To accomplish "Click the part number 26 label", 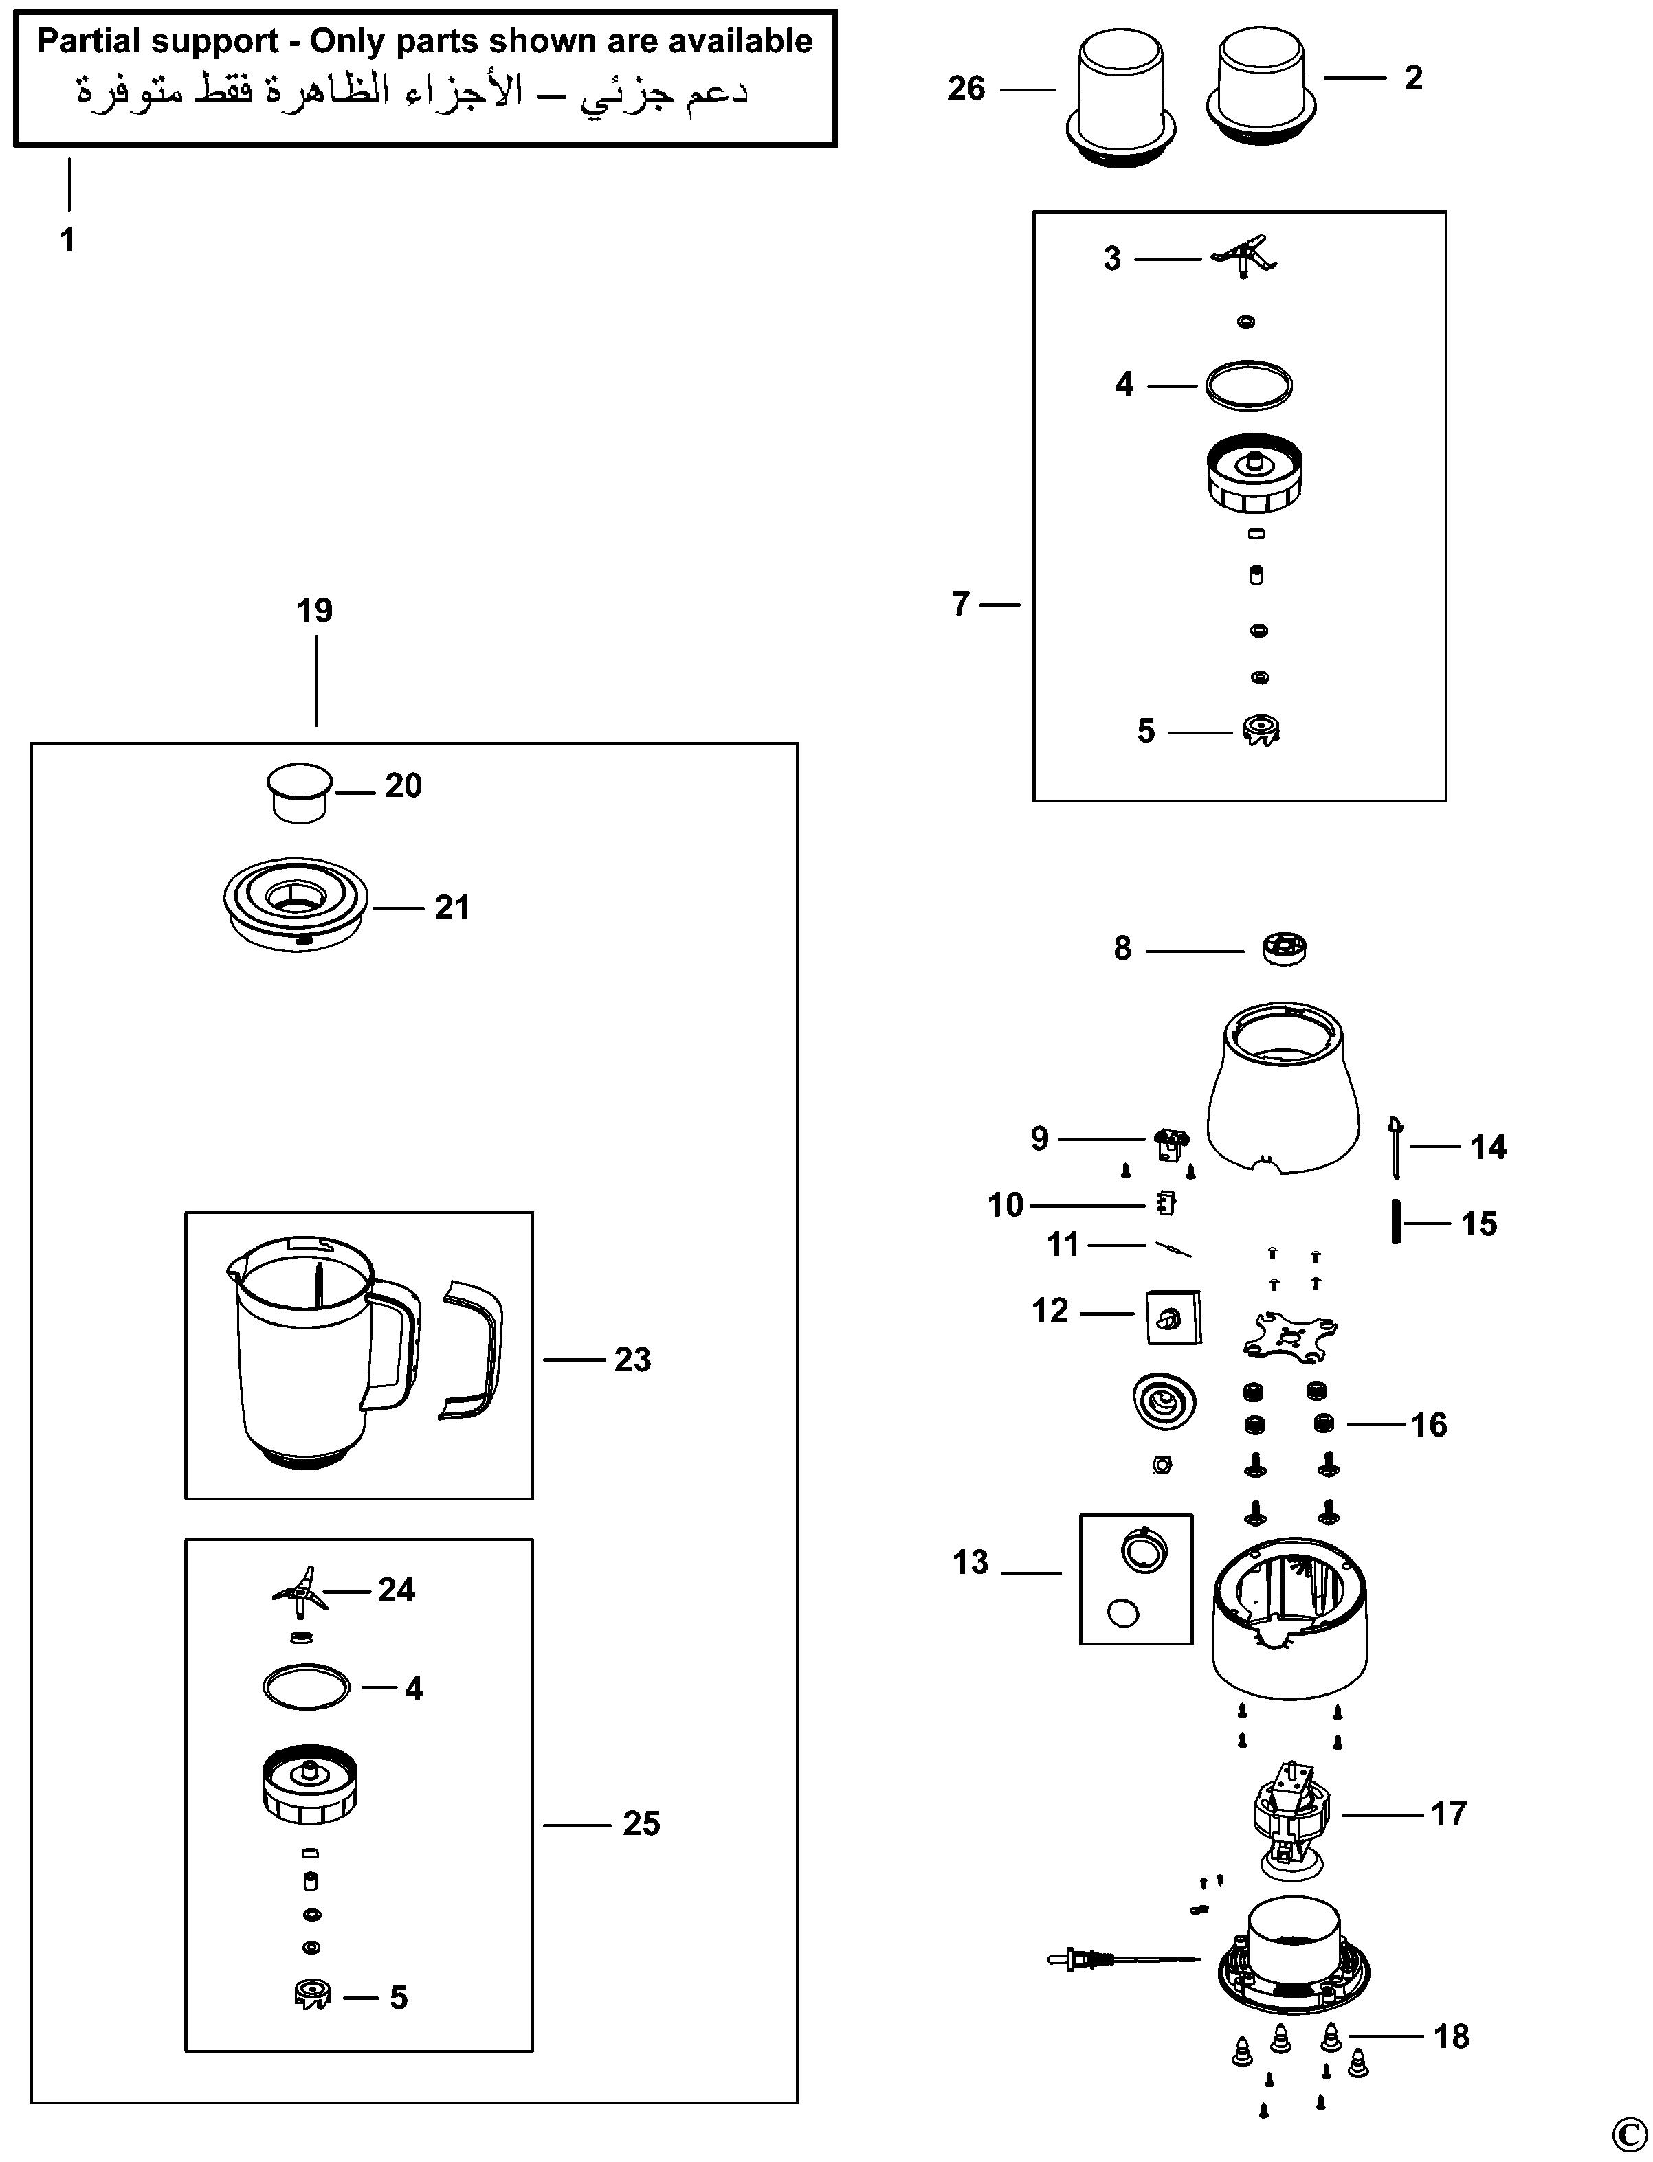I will click(966, 89).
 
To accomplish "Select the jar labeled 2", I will click(1263, 89).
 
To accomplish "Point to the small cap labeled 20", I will click(299, 792).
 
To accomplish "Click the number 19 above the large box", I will click(315, 611).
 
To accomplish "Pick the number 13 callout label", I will click(970, 1562).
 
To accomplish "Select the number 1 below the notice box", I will click(68, 239).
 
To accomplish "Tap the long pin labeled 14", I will click(1395, 1146).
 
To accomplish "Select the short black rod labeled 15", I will click(1395, 1223).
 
